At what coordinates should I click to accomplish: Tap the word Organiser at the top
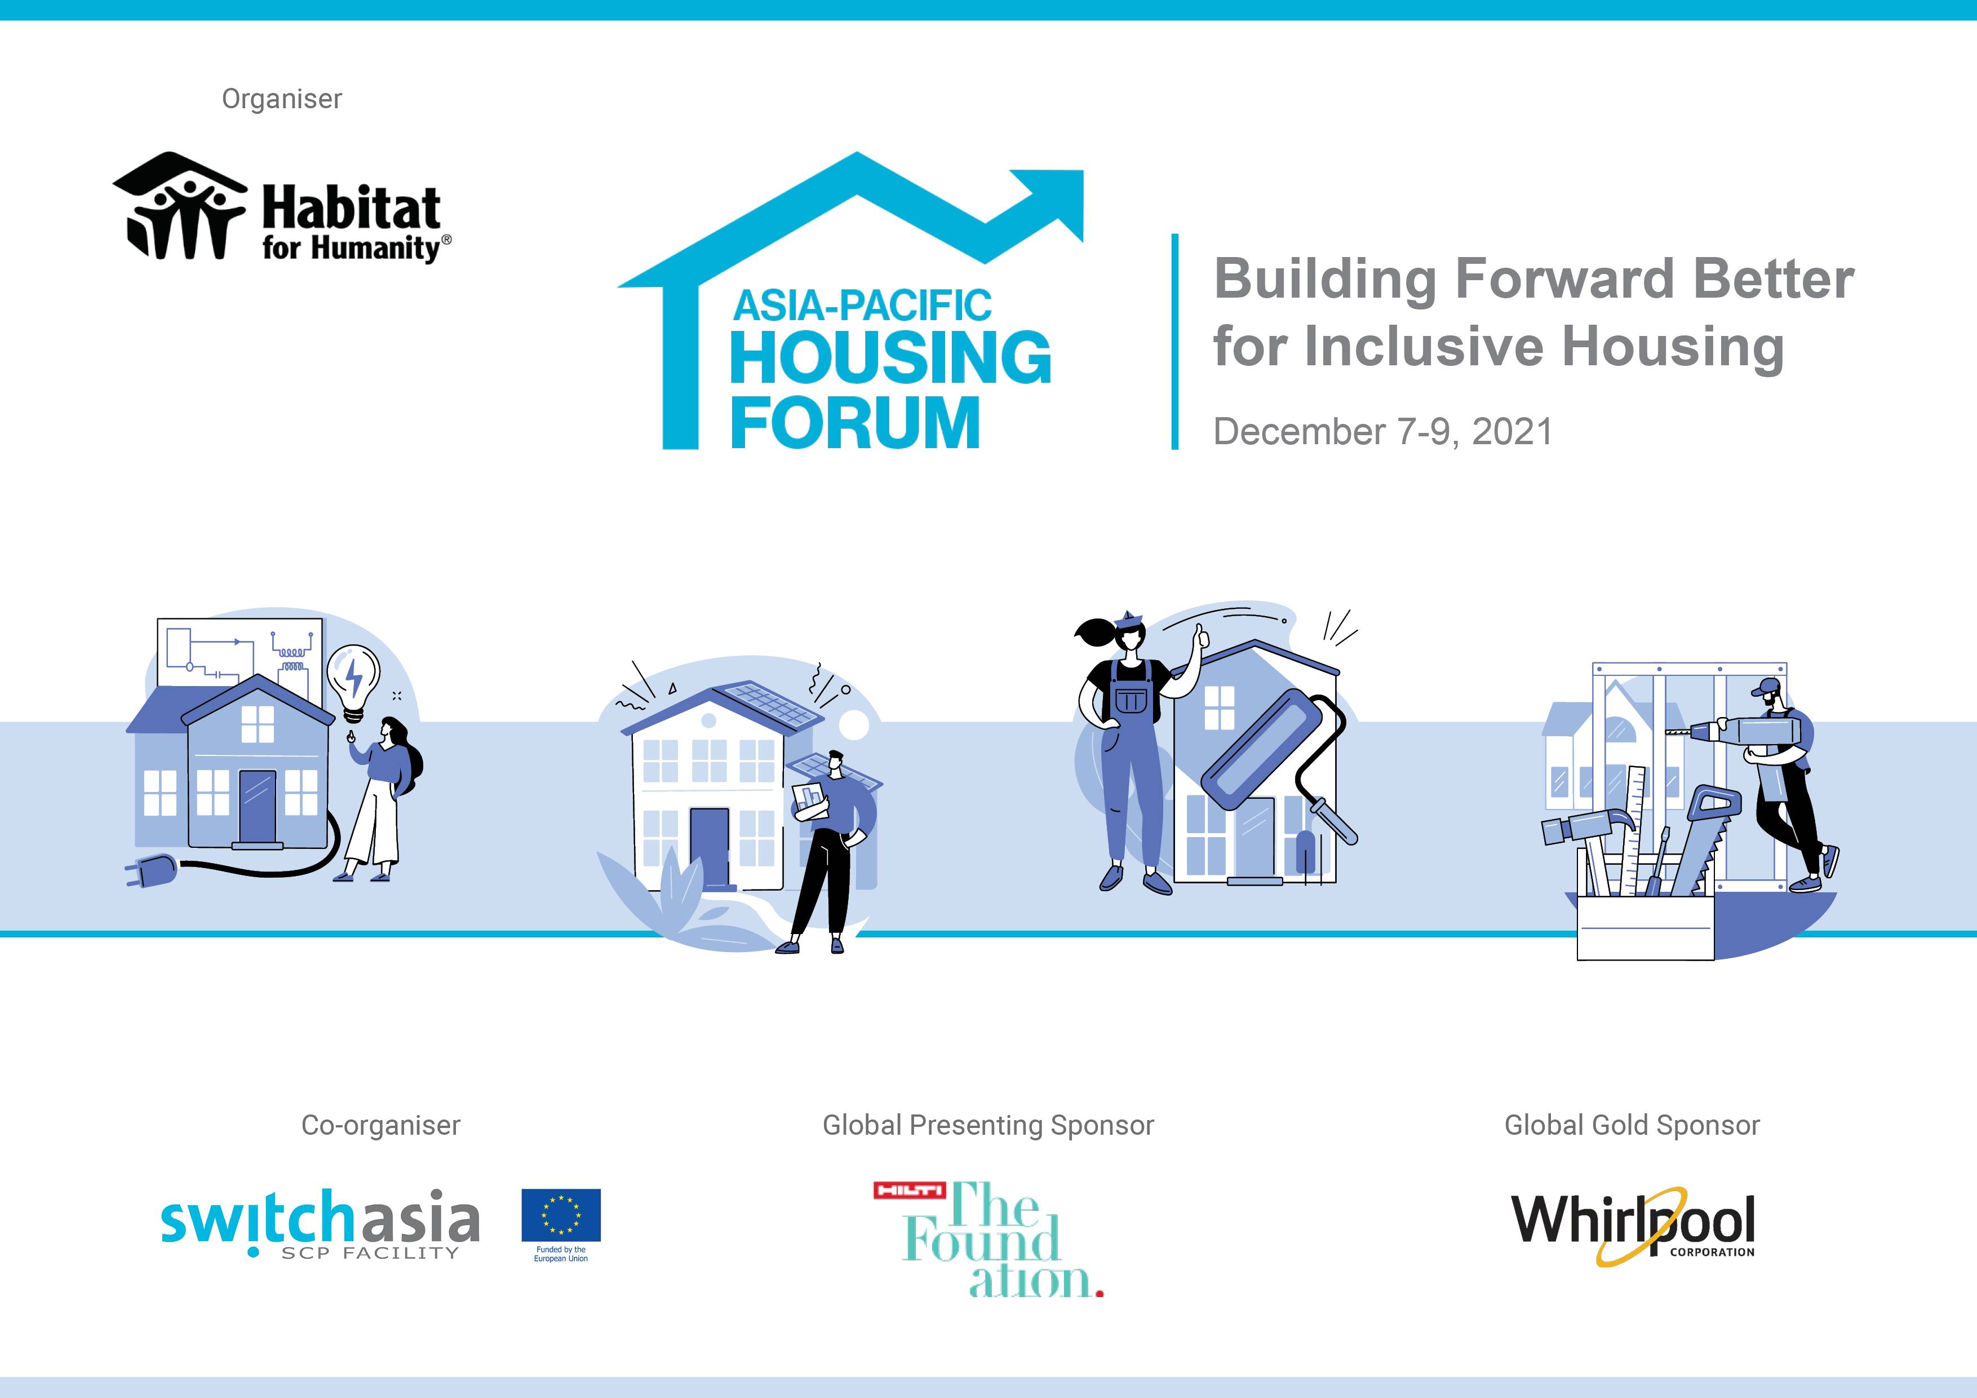(282, 99)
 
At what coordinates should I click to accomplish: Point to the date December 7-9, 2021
(1382, 432)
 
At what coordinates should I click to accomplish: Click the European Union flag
(561, 1215)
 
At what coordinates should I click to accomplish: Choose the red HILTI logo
(909, 1191)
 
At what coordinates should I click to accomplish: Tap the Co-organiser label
(380, 1125)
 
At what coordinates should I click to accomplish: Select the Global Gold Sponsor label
(1632, 1125)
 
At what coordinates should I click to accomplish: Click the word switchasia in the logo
(320, 1218)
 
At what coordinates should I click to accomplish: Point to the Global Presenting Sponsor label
(987, 1125)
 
